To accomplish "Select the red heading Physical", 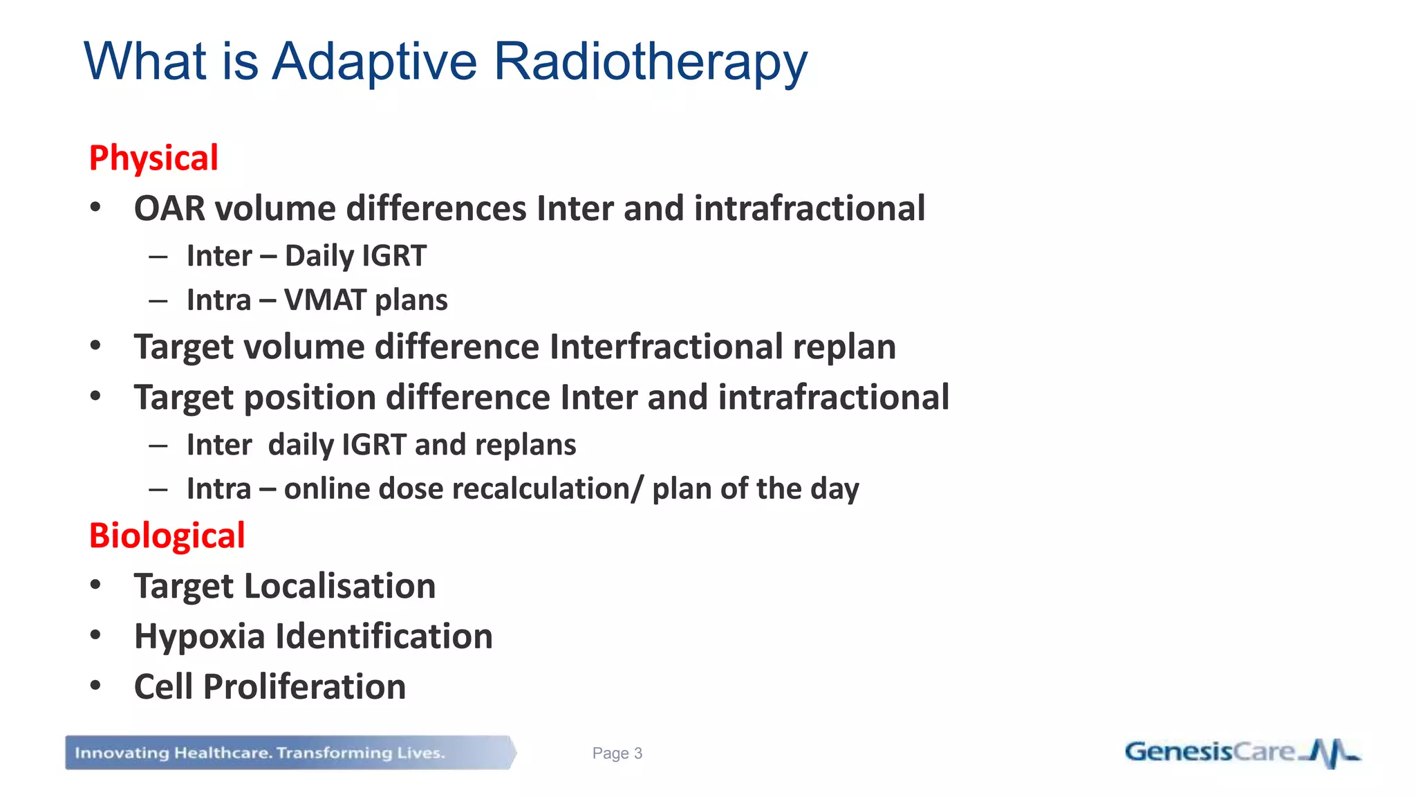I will [153, 158].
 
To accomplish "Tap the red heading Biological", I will [167, 536].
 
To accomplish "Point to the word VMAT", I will [325, 300].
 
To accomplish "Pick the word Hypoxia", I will [199, 637].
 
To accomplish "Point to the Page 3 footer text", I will [617, 753].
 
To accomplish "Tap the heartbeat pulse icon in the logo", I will [1331, 753].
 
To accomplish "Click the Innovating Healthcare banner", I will [290, 753].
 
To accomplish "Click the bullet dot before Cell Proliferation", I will [95, 686].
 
